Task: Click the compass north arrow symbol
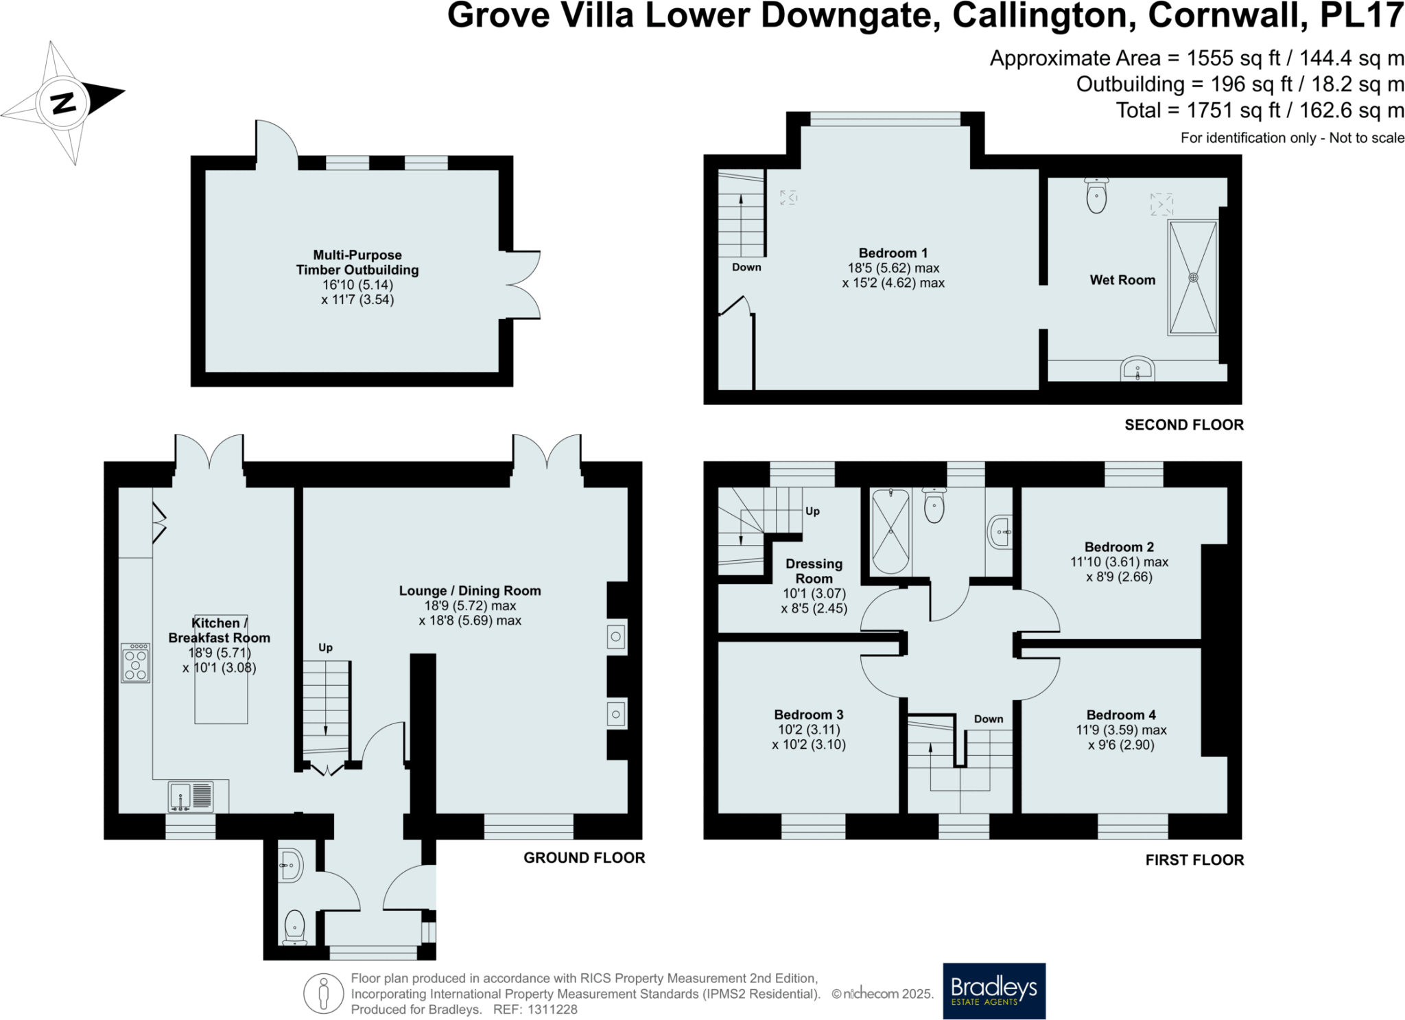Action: point(64,103)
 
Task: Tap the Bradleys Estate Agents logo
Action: point(993,990)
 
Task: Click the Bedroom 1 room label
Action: point(893,253)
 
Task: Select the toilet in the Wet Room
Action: point(1096,196)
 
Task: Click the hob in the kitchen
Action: point(135,663)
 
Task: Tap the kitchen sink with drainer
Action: point(191,797)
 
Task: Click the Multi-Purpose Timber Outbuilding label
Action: point(357,262)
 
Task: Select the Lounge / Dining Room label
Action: point(470,591)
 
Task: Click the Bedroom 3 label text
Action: point(808,715)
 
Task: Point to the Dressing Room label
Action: point(814,571)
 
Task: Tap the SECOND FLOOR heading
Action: point(1183,425)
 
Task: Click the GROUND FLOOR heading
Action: point(584,857)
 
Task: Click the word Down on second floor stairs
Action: point(746,267)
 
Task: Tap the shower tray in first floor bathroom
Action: point(890,531)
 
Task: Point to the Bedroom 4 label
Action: point(1121,715)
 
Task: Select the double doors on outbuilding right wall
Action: point(525,285)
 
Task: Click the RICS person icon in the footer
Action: point(323,993)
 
